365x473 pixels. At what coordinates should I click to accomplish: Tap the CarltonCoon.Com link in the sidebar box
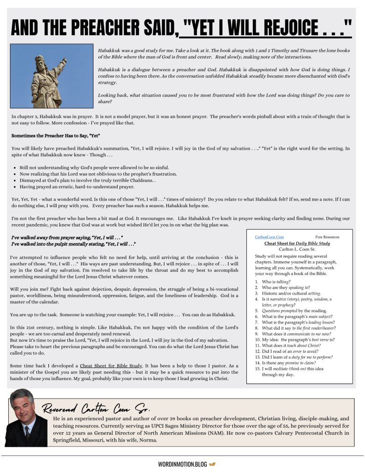coord(269,237)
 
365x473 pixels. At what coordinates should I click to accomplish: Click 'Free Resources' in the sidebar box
coord(327,237)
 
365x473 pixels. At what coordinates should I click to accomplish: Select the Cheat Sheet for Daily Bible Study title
coord(297,243)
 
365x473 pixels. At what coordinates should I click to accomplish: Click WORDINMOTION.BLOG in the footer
coord(182,464)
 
